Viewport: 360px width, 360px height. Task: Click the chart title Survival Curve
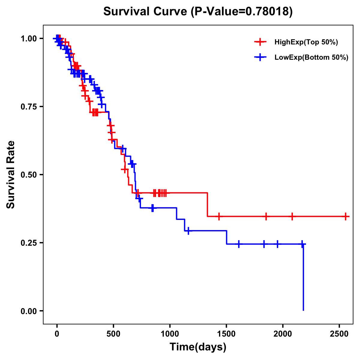pos(147,12)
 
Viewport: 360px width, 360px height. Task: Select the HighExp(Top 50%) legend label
pos(306,42)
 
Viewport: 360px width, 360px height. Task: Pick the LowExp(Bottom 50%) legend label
pos(311,58)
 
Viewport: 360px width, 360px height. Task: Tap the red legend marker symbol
pos(260,42)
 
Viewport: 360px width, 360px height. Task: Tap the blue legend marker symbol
pos(260,57)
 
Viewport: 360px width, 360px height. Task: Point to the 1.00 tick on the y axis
pos(28,39)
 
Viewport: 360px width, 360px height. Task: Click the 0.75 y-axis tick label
pos(28,107)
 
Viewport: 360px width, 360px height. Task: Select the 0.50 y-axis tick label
pos(28,175)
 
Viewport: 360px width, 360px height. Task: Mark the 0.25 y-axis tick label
pos(28,243)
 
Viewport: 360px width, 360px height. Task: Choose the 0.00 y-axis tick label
pos(28,311)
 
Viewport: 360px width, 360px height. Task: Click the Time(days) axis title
pos(198,347)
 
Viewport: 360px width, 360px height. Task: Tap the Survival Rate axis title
pos(11,175)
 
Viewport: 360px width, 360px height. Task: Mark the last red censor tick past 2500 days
pos(346,216)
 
